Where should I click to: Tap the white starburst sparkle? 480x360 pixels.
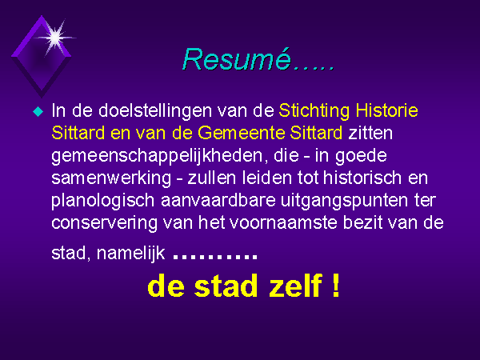tap(55, 38)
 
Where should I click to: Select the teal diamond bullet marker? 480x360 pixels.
tap(38, 111)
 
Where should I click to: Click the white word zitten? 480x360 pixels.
tap(370, 133)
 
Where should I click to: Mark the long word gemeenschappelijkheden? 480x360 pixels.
tap(158, 156)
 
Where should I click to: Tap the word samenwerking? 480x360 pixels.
tap(111, 178)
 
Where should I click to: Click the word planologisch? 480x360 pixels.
tap(102, 201)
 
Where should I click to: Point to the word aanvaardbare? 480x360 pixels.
tap(218, 201)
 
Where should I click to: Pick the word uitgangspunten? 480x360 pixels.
tap(344, 201)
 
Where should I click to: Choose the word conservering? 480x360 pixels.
tap(104, 223)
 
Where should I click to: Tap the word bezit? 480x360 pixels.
tap(362, 222)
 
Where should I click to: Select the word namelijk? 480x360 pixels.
tap(130, 254)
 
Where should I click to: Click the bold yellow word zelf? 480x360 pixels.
tap(295, 286)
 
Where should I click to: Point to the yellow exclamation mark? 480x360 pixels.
tap(336, 286)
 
